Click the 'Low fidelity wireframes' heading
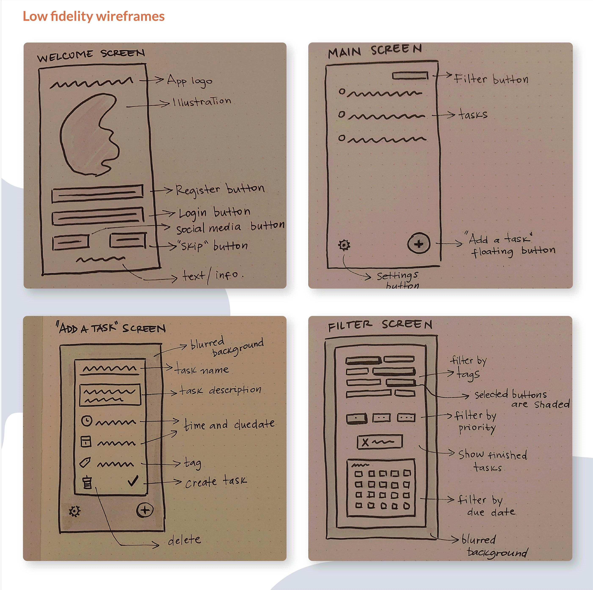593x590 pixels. click(x=94, y=16)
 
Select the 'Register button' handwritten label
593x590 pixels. click(x=220, y=189)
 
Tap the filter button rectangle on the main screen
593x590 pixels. click(x=410, y=75)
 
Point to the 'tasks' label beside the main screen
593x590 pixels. click(x=473, y=114)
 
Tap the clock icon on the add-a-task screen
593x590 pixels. click(x=87, y=420)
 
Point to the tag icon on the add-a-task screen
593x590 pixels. click(x=85, y=462)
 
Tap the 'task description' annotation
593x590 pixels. click(x=220, y=390)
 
